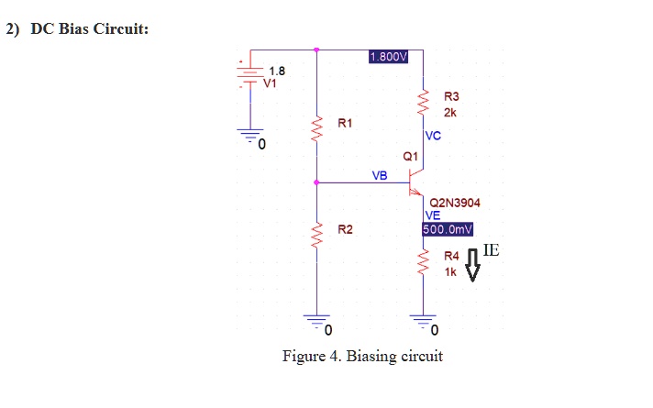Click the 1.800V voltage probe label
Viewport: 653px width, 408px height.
tap(388, 57)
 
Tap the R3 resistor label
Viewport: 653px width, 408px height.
tap(451, 96)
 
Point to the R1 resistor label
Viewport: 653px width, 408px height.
tap(345, 122)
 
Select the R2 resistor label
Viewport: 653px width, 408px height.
tap(345, 229)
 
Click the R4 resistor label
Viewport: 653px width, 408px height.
tap(451, 259)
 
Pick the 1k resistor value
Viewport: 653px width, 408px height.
tap(449, 273)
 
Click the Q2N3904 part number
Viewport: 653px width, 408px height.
tap(455, 202)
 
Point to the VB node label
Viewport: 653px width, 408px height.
tap(380, 174)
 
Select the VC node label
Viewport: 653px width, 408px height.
tap(434, 136)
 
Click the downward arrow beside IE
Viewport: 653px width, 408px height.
tap(473, 266)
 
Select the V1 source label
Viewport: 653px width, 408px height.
tap(271, 83)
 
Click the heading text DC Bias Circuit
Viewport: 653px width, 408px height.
tap(89, 28)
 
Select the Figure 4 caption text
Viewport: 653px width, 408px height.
tap(361, 356)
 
